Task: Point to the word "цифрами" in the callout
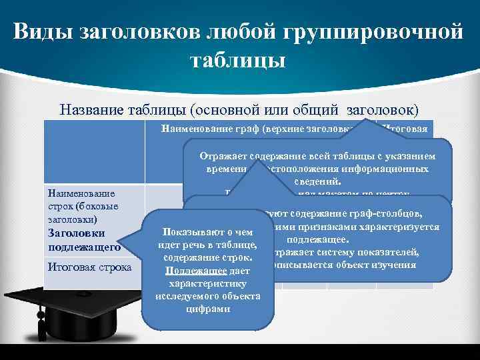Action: coord(208,309)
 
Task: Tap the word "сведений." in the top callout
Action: coord(319,180)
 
